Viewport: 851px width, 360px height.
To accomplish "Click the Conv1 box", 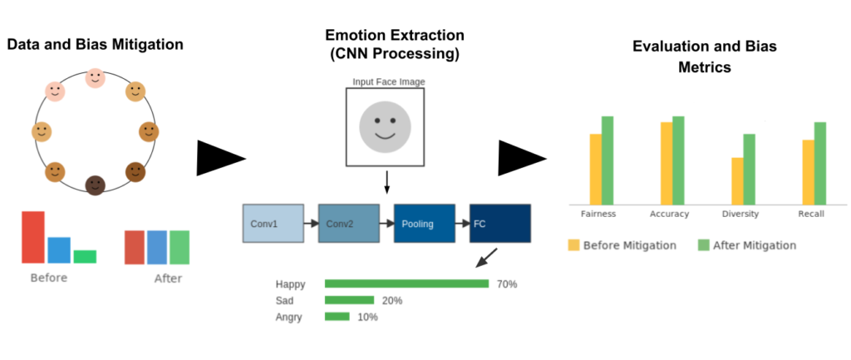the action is coord(273,223).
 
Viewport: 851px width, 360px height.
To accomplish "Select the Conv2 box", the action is coord(348,223).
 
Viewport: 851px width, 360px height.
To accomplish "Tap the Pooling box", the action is coord(425,223).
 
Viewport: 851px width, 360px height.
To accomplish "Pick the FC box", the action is coord(499,223).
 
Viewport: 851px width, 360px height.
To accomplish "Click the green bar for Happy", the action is coord(406,284).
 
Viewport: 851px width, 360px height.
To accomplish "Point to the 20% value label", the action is coord(392,300).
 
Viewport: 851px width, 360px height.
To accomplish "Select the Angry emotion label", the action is coord(288,317).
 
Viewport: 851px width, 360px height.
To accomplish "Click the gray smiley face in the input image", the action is coord(385,126).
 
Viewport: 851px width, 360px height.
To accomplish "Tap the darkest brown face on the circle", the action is coord(95,185).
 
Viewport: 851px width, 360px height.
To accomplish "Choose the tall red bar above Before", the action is coord(33,237).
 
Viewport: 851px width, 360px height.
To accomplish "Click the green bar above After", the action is coord(180,247).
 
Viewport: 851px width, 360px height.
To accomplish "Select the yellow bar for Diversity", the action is coord(737,180).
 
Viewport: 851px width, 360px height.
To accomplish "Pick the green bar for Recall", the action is coord(820,163).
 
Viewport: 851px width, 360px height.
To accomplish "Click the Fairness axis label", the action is coord(598,214).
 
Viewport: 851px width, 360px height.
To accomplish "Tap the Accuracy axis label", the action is coord(669,214).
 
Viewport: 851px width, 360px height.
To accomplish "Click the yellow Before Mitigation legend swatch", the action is coord(573,245).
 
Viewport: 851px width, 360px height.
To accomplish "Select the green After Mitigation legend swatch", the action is coord(703,245).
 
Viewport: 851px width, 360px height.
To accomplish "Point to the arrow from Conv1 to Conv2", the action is coord(311,223).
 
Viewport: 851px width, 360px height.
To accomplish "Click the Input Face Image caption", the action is coord(389,82).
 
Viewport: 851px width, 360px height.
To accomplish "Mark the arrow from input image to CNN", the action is coord(386,182).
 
